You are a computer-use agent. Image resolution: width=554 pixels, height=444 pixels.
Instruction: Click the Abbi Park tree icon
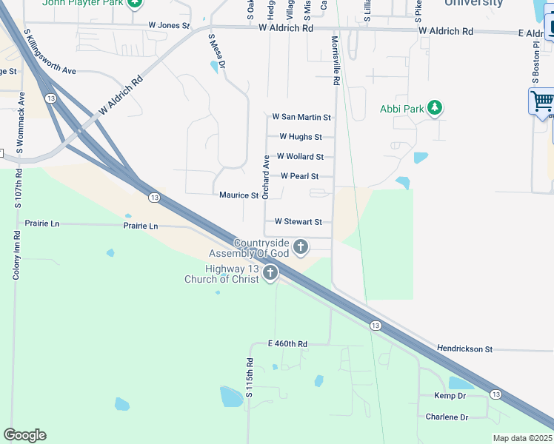tap(435, 109)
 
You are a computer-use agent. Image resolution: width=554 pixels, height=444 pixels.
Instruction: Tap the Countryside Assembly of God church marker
tap(300, 246)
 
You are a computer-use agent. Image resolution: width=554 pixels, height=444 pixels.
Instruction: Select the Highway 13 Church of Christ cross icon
tap(270, 273)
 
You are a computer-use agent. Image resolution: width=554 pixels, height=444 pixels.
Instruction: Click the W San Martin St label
tap(301, 117)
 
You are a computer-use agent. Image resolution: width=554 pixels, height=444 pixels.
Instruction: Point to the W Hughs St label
tap(300, 137)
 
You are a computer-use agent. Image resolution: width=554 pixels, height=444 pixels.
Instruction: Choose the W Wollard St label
tap(300, 157)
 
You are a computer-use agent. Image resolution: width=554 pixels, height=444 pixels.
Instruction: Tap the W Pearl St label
tap(299, 176)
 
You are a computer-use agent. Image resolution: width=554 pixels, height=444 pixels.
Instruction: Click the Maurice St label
tap(238, 195)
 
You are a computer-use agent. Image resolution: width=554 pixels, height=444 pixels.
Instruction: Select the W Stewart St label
tap(298, 221)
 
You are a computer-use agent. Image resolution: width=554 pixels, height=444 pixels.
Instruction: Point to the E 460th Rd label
tap(287, 344)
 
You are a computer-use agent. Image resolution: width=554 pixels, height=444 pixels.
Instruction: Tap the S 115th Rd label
tap(250, 379)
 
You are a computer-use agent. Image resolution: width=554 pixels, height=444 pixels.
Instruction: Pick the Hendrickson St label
tap(464, 349)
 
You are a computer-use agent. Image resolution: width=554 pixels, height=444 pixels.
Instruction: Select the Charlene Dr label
tap(447, 417)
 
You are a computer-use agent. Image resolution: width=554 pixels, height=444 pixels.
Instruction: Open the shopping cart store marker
tap(542, 100)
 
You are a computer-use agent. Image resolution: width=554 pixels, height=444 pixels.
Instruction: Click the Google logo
tap(24, 435)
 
